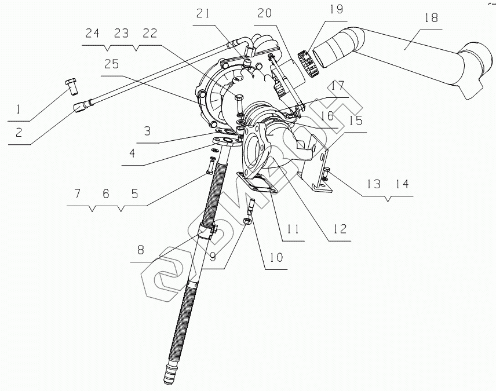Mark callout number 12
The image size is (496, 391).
[x=338, y=228]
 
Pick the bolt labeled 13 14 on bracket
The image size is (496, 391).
[x=326, y=172]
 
